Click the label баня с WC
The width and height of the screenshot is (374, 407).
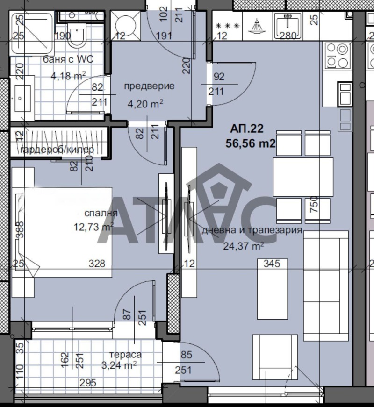(68, 59)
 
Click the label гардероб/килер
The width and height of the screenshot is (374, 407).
(57, 150)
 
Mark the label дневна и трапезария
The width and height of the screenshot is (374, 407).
(253, 231)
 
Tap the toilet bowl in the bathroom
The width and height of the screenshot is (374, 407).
(75, 36)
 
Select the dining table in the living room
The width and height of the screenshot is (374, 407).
(303, 177)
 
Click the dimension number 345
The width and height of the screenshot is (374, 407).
(271, 264)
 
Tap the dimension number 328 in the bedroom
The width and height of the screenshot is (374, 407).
(97, 264)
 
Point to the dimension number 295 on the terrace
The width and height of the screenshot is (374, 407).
(88, 383)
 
